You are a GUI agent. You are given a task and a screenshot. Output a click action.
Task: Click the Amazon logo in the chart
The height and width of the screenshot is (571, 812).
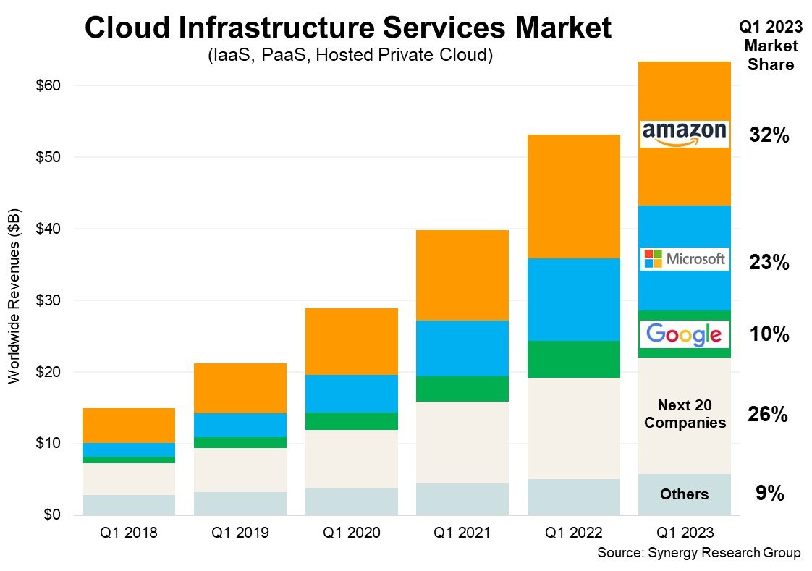(685, 134)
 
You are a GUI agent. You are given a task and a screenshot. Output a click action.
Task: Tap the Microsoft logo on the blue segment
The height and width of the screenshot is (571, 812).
(685, 258)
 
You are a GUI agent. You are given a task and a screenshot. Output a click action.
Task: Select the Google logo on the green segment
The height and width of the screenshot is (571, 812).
(685, 334)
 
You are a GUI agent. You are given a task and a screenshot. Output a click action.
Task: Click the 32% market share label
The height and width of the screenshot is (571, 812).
(769, 135)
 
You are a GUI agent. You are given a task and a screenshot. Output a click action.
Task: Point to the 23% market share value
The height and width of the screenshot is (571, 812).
(769, 263)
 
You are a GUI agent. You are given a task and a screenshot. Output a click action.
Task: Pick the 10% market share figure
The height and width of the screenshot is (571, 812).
(769, 334)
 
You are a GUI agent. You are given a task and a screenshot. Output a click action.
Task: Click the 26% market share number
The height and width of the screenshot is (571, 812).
(768, 415)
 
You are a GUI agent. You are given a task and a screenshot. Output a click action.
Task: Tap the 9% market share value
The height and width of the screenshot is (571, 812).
(769, 494)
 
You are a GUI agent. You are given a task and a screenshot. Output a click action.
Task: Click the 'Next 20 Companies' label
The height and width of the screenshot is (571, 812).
(685, 414)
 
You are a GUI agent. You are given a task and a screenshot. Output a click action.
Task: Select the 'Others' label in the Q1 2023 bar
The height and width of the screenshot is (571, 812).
(685, 494)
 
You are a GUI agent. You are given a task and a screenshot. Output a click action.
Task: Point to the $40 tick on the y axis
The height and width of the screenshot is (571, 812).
(49, 229)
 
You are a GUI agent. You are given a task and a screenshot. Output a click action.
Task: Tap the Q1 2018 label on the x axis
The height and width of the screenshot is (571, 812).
(128, 533)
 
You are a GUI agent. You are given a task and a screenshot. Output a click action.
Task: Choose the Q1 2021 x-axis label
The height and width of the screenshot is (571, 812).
(462, 533)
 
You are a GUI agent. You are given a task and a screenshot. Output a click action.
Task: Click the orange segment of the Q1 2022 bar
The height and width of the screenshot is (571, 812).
(573, 195)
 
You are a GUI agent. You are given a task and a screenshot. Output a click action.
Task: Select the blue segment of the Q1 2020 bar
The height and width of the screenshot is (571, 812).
(351, 393)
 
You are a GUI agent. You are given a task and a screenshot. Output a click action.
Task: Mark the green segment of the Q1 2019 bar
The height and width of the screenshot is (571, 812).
(240, 442)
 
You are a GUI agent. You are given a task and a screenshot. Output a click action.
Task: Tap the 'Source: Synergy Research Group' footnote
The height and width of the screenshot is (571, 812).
(698, 553)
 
